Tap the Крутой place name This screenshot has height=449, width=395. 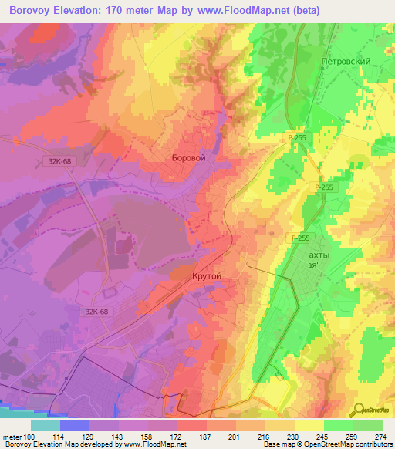click(x=206, y=276)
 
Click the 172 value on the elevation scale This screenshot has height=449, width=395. click(x=177, y=437)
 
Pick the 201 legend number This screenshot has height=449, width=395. click(x=236, y=437)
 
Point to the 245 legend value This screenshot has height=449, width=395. click(x=324, y=437)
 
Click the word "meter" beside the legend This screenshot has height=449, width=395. click(x=9, y=437)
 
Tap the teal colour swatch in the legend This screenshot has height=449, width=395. click(x=45, y=425)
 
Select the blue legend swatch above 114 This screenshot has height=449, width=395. click(x=74, y=425)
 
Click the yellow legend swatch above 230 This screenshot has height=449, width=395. click(x=279, y=425)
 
